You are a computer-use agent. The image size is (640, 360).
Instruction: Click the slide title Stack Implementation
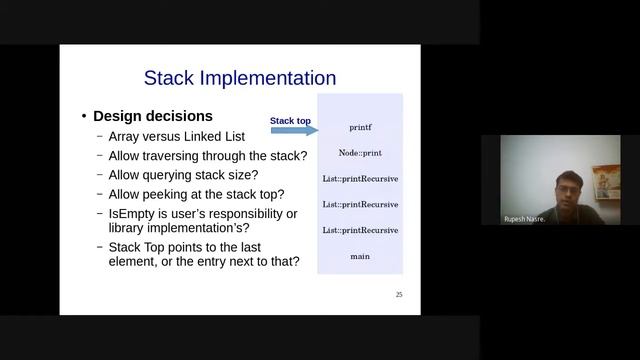tap(240, 78)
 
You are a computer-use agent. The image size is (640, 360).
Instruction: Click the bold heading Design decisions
tap(153, 116)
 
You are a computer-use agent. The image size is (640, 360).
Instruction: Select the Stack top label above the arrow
tap(290, 121)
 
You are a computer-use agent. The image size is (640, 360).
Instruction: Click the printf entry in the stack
tap(360, 128)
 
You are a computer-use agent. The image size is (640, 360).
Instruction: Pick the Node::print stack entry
tap(360, 153)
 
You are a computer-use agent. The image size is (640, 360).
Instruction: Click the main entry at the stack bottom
tap(360, 257)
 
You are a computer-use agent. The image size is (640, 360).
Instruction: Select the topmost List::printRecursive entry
tap(360, 179)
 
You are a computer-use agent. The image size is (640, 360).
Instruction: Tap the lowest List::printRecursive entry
tap(360, 231)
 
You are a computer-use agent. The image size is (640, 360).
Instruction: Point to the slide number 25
tap(399, 295)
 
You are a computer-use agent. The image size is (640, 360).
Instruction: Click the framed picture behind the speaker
tap(605, 180)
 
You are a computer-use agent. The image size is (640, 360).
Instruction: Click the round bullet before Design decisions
tap(84, 117)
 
